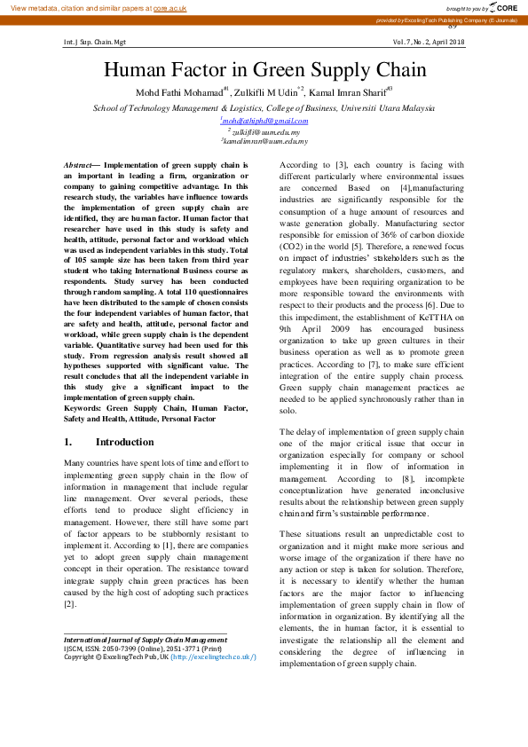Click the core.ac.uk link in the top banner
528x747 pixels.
click(170, 7)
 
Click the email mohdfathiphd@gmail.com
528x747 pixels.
click(264, 121)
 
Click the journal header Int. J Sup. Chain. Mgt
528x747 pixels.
click(95, 42)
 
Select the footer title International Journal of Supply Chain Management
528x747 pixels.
click(145, 640)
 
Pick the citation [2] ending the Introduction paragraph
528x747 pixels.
click(69, 604)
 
